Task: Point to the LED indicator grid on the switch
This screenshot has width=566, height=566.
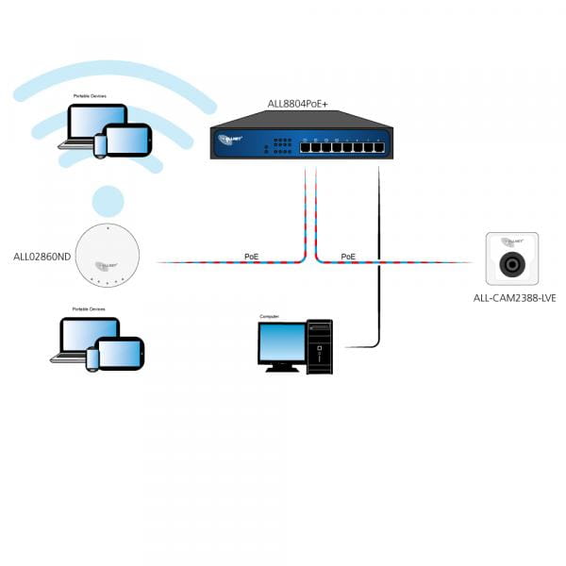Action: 281,146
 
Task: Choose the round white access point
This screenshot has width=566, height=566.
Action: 108,255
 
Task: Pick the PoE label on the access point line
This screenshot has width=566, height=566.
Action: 251,256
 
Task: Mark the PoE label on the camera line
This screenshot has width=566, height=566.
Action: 348,256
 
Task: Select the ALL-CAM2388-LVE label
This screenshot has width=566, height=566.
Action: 514,298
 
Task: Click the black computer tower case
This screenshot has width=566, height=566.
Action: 320,346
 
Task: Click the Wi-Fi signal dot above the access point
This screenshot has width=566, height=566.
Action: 108,201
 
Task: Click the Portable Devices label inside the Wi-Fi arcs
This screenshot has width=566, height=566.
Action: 92,97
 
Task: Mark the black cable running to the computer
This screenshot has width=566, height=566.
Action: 378,283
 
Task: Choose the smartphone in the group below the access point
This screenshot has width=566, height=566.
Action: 92,359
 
